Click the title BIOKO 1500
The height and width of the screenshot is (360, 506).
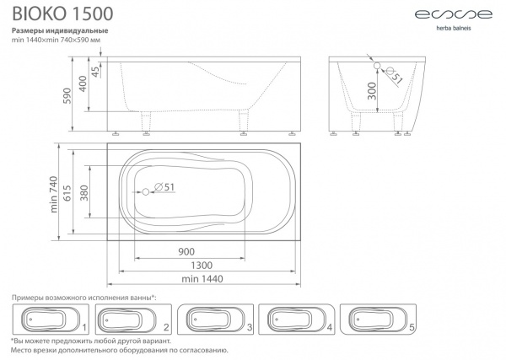click(x=62, y=13)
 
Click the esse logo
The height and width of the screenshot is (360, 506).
click(x=454, y=14)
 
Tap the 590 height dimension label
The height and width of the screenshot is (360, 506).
click(x=67, y=95)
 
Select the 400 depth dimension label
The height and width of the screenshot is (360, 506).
click(x=83, y=83)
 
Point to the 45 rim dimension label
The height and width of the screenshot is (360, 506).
click(x=95, y=72)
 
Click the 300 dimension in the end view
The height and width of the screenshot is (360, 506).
click(x=372, y=91)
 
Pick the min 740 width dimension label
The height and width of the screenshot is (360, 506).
click(x=54, y=194)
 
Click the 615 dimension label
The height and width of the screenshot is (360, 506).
click(x=67, y=193)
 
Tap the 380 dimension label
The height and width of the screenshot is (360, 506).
click(x=83, y=193)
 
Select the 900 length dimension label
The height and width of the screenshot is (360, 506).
click(x=186, y=251)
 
